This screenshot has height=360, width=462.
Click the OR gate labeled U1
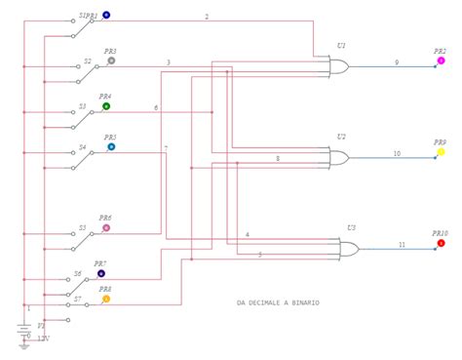coord(340,66)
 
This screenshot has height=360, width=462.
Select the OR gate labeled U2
coord(340,156)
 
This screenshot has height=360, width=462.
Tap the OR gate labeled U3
coord(347,249)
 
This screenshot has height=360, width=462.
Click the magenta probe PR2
coord(441,60)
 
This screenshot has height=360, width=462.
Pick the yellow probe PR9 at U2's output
coord(441,152)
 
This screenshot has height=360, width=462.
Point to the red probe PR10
coord(441,243)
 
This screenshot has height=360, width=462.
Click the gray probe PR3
coord(111,60)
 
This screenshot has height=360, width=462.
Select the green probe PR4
coord(106,106)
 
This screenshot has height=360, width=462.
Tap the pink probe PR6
coord(106,228)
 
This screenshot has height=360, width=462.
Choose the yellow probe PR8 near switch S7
coord(106,299)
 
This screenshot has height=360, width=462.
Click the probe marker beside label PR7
coord(101,274)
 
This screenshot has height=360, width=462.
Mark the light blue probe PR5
coord(111,147)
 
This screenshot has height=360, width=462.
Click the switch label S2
coord(87,60)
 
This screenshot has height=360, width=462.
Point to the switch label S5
coord(83,229)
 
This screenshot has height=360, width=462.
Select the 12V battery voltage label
coord(43,339)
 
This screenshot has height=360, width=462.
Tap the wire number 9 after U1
coord(396,62)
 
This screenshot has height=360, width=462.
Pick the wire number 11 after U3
coord(402,245)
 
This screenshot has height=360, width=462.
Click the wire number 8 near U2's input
coord(278,157)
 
